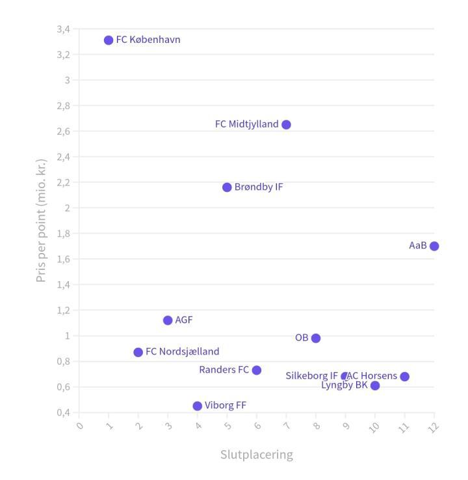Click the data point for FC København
(109, 40)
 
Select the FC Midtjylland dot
(286, 125)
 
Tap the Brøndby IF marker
(227, 187)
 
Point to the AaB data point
(434, 246)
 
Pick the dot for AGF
(168, 320)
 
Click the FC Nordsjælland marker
(138, 353)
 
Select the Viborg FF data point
(198, 406)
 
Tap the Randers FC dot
(257, 370)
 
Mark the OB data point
(316, 338)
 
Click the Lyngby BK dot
(375, 386)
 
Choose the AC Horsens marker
(404, 377)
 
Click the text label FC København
(148, 40)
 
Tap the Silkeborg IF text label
(311, 376)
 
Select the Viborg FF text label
(226, 405)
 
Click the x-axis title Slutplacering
(256, 455)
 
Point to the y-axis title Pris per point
(42, 220)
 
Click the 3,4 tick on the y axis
(63, 29)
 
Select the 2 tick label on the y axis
(66, 208)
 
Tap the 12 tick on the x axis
(433, 427)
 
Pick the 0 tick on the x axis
(80, 427)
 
